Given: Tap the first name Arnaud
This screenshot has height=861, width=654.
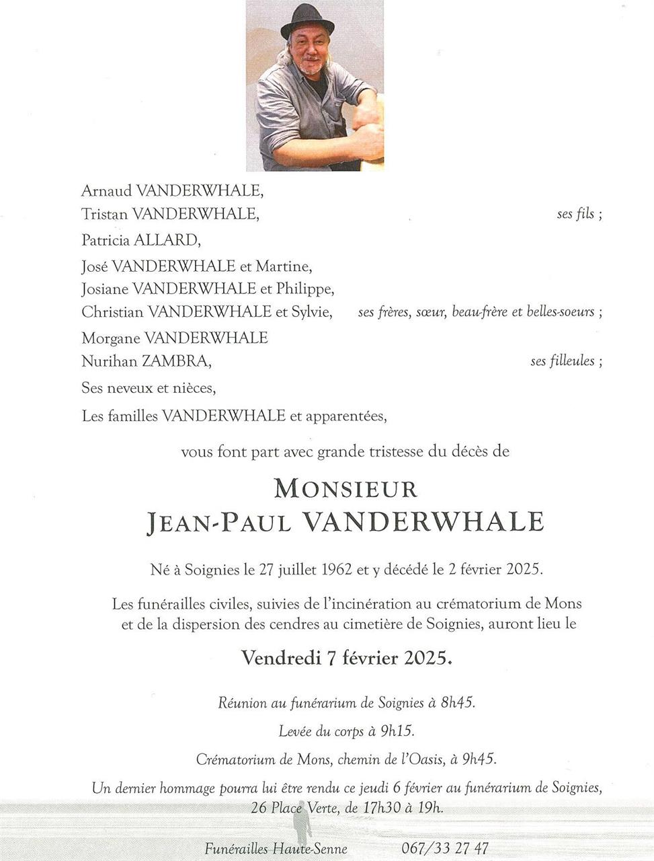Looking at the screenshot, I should [106, 190].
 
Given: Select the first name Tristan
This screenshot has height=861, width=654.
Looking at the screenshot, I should [104, 214].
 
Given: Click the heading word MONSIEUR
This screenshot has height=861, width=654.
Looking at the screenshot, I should [346, 488].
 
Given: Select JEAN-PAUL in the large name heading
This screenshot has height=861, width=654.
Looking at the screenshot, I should [218, 523].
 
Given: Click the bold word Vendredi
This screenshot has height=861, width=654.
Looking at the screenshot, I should [281, 657].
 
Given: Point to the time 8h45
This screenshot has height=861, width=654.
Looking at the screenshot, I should [458, 702].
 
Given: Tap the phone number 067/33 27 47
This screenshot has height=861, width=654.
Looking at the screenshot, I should [445, 848].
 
